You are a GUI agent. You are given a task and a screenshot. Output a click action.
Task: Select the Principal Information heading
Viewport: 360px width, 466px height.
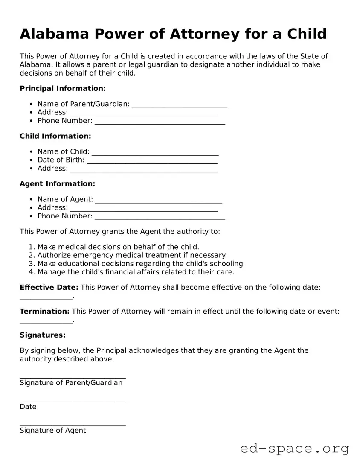point(62,88)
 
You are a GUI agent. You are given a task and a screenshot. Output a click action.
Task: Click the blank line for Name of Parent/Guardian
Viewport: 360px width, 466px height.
point(179,105)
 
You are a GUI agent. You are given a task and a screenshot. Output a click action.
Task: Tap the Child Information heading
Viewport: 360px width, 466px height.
point(55,136)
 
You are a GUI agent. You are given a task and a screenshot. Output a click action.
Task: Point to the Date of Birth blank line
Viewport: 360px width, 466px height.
point(152,160)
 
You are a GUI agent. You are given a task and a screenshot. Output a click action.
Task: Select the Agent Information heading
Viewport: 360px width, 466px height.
point(57,184)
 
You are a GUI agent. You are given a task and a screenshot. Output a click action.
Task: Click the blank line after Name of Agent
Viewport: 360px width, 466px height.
point(158,200)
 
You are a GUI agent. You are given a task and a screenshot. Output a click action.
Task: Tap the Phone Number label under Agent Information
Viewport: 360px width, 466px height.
point(65,216)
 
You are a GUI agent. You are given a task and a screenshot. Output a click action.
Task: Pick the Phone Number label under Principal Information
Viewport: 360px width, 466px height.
point(65,121)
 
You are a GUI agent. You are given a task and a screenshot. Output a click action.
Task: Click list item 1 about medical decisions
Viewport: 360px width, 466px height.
point(118,247)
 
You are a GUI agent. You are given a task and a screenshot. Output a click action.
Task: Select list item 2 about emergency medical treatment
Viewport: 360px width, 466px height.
point(132,255)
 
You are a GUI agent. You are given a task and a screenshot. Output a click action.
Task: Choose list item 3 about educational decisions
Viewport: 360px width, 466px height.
point(141,263)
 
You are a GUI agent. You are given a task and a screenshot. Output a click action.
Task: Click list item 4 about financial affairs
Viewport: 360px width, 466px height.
point(136,272)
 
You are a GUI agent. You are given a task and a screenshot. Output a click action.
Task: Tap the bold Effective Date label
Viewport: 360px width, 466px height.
point(49,288)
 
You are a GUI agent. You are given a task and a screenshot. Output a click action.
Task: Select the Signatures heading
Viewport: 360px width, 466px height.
point(43,335)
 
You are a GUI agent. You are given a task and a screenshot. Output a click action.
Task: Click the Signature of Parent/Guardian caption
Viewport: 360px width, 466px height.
point(71,383)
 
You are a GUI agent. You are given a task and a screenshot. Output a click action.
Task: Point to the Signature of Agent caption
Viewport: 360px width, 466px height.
point(53,431)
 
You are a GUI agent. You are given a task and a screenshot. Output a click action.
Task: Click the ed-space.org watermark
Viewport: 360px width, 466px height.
point(294,449)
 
